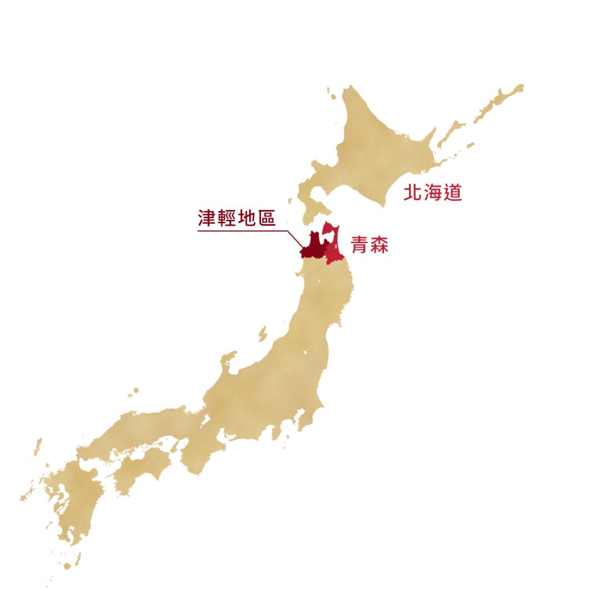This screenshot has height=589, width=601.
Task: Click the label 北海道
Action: point(432,193)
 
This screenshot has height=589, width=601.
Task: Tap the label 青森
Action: point(370,245)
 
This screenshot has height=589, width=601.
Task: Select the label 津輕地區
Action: point(237,218)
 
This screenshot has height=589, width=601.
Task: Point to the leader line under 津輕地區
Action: point(245,230)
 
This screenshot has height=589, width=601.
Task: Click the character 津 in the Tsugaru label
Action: point(207,218)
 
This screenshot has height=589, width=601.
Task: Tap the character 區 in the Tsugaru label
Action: point(266,218)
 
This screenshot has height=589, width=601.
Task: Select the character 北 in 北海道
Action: point(413,193)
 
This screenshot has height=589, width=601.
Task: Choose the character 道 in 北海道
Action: point(452,193)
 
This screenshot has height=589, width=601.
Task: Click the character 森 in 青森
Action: point(380,245)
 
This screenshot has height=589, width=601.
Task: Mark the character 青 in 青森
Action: point(359,245)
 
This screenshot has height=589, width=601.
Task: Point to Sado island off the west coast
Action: point(262,334)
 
